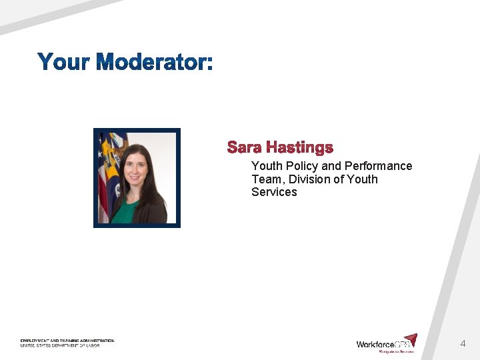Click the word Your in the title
coord(64,62)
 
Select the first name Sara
coord(244,147)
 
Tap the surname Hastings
coord(299,147)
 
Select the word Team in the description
coord(267,179)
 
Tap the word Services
coord(274,192)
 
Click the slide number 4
coord(463,344)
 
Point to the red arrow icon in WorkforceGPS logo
coord(411,339)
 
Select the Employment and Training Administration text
coord(67,341)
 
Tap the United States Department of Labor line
coord(59,345)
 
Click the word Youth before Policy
coord(267,166)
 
